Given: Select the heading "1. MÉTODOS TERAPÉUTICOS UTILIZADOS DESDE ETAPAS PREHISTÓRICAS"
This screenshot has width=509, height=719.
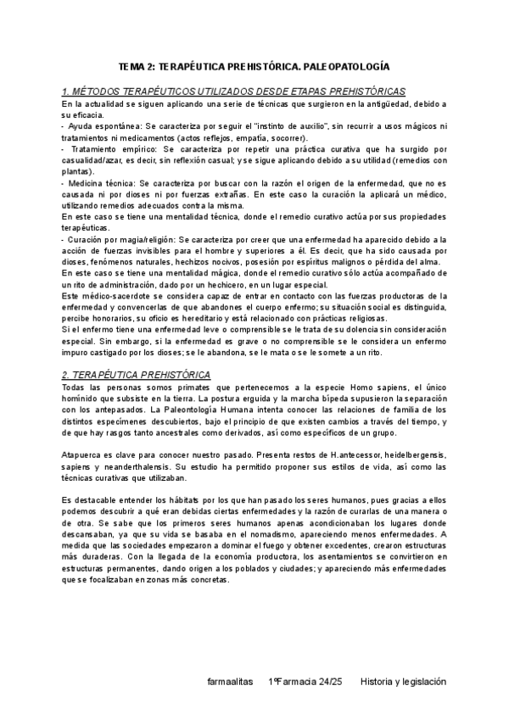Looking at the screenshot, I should tap(233, 91).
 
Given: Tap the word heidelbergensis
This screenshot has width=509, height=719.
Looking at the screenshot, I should tap(406, 456).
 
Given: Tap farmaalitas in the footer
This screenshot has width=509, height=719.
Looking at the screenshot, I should tap(230, 681).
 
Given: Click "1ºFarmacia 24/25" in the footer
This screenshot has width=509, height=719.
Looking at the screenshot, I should tap(305, 681).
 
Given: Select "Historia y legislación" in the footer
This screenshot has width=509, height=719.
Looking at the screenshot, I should tap(403, 681).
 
